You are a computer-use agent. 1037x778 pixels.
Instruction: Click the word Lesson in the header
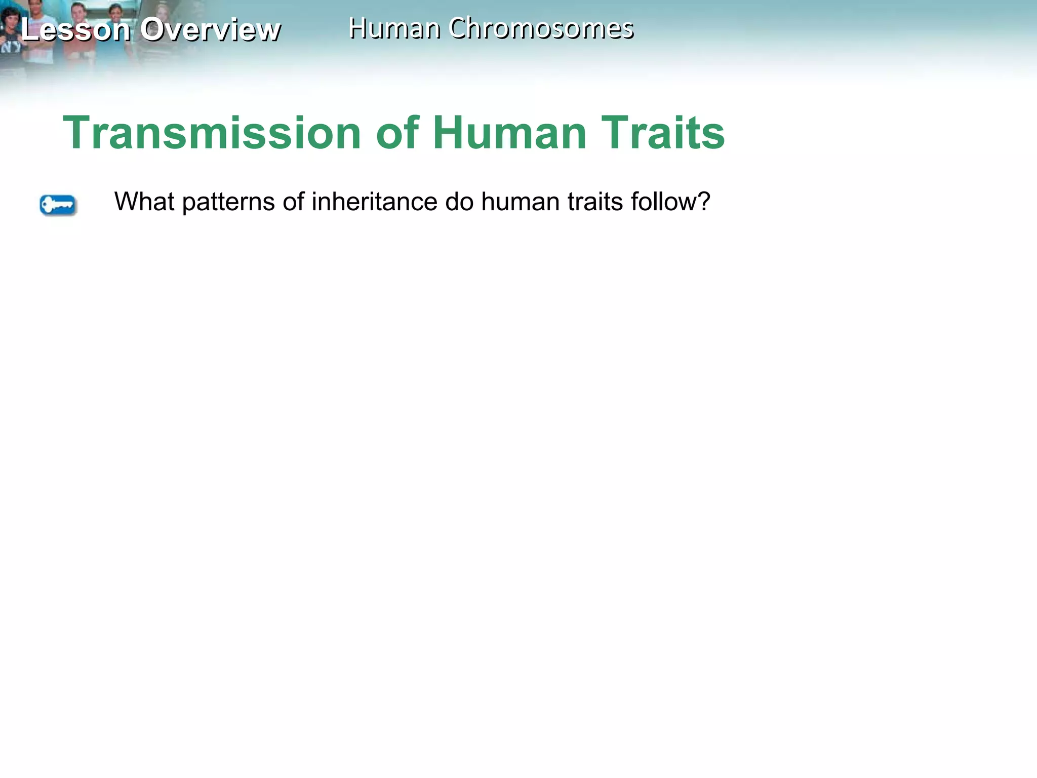coord(75,29)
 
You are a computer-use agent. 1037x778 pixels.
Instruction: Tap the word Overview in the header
coord(210,29)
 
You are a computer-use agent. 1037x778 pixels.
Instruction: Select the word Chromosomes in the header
coord(541,28)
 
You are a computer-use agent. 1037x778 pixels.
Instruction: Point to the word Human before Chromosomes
coord(394,28)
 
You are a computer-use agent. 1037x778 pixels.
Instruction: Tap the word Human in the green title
coord(509,133)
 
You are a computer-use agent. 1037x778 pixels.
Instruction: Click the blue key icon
coord(58,205)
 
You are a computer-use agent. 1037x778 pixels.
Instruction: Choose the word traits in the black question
coord(595,202)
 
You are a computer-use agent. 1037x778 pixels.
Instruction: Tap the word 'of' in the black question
coord(293,202)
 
